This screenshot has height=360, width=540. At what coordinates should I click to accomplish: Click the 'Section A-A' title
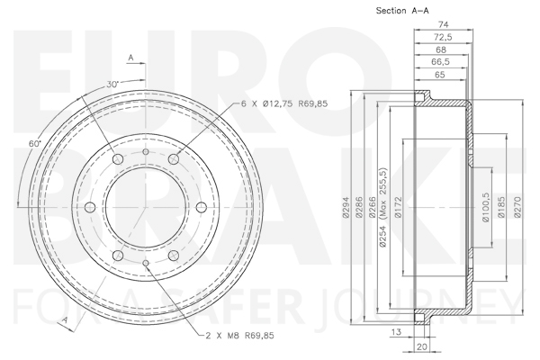[x=402, y=11]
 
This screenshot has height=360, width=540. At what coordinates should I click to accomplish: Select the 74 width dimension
[x=443, y=24]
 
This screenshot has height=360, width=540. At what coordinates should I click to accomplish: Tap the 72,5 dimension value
[x=443, y=37]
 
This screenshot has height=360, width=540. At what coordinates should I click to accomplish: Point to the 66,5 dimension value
[x=440, y=62]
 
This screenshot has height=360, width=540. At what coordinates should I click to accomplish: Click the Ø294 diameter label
[x=346, y=207]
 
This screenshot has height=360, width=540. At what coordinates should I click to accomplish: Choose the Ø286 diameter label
[x=359, y=207]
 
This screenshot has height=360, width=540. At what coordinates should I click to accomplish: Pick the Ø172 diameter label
[x=398, y=207]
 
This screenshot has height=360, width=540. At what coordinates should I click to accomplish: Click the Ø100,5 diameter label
[x=486, y=207]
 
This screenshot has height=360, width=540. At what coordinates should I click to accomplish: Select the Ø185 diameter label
[x=501, y=207]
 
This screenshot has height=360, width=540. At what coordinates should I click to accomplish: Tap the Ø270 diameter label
[x=517, y=207]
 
